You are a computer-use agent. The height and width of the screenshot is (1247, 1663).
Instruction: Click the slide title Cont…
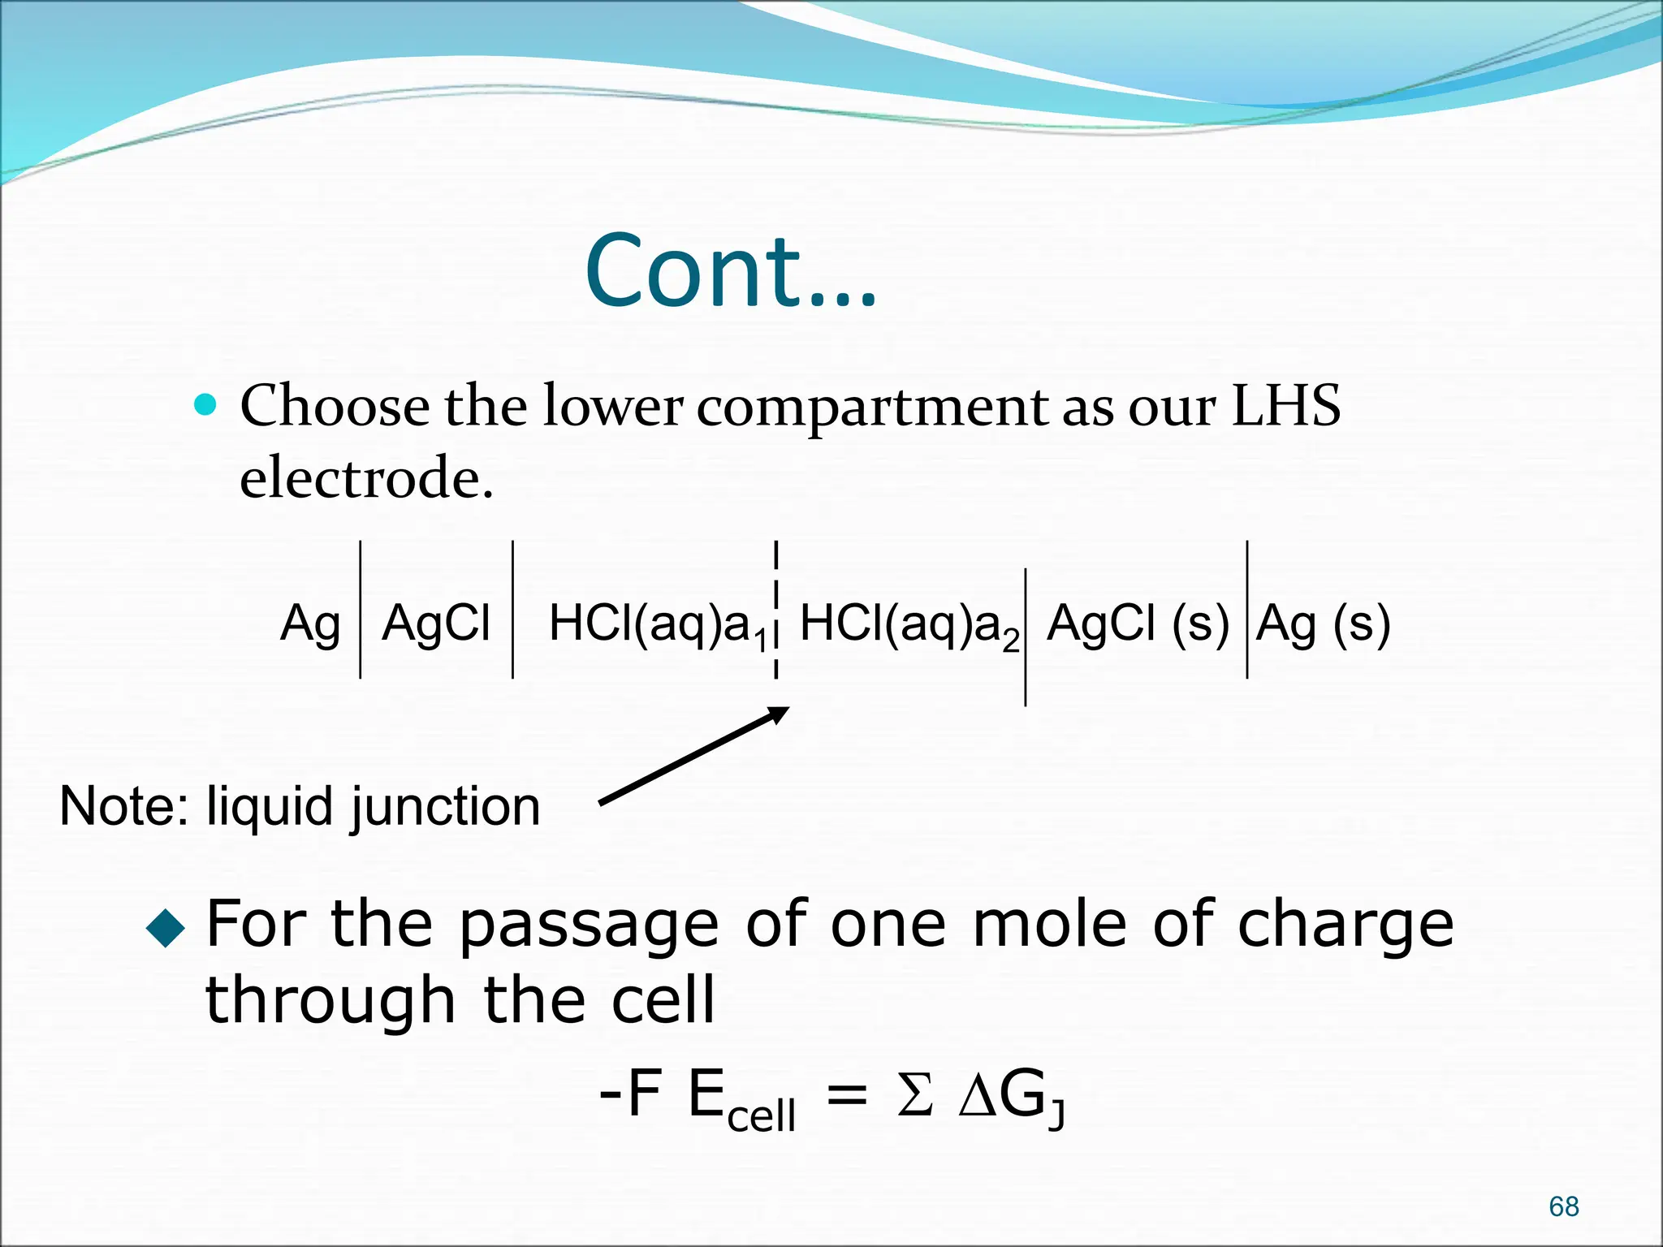tap(731, 271)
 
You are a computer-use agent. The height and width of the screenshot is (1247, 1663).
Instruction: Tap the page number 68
tap(1563, 1206)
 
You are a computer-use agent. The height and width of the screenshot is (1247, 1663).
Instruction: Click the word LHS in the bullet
tap(1285, 405)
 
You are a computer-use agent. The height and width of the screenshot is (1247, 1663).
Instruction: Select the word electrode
tap(366, 477)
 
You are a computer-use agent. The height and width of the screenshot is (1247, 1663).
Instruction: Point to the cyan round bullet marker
tap(206, 404)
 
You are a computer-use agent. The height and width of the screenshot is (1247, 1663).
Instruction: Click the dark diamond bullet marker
tap(166, 927)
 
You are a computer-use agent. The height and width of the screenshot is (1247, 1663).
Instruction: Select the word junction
tap(445, 808)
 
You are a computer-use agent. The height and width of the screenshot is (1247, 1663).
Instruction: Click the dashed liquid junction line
tap(776, 609)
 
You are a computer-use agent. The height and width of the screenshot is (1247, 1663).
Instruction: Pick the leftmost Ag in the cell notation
tap(309, 624)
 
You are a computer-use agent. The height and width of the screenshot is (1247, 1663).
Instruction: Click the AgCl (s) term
tap(1137, 624)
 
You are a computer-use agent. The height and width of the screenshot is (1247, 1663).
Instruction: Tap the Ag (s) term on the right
tap(1323, 624)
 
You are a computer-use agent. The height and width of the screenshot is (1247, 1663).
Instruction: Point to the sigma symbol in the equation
tap(914, 1096)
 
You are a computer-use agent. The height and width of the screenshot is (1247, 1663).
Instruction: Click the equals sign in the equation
tap(847, 1097)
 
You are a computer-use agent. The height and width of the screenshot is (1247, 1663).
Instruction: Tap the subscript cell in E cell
tap(761, 1115)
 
